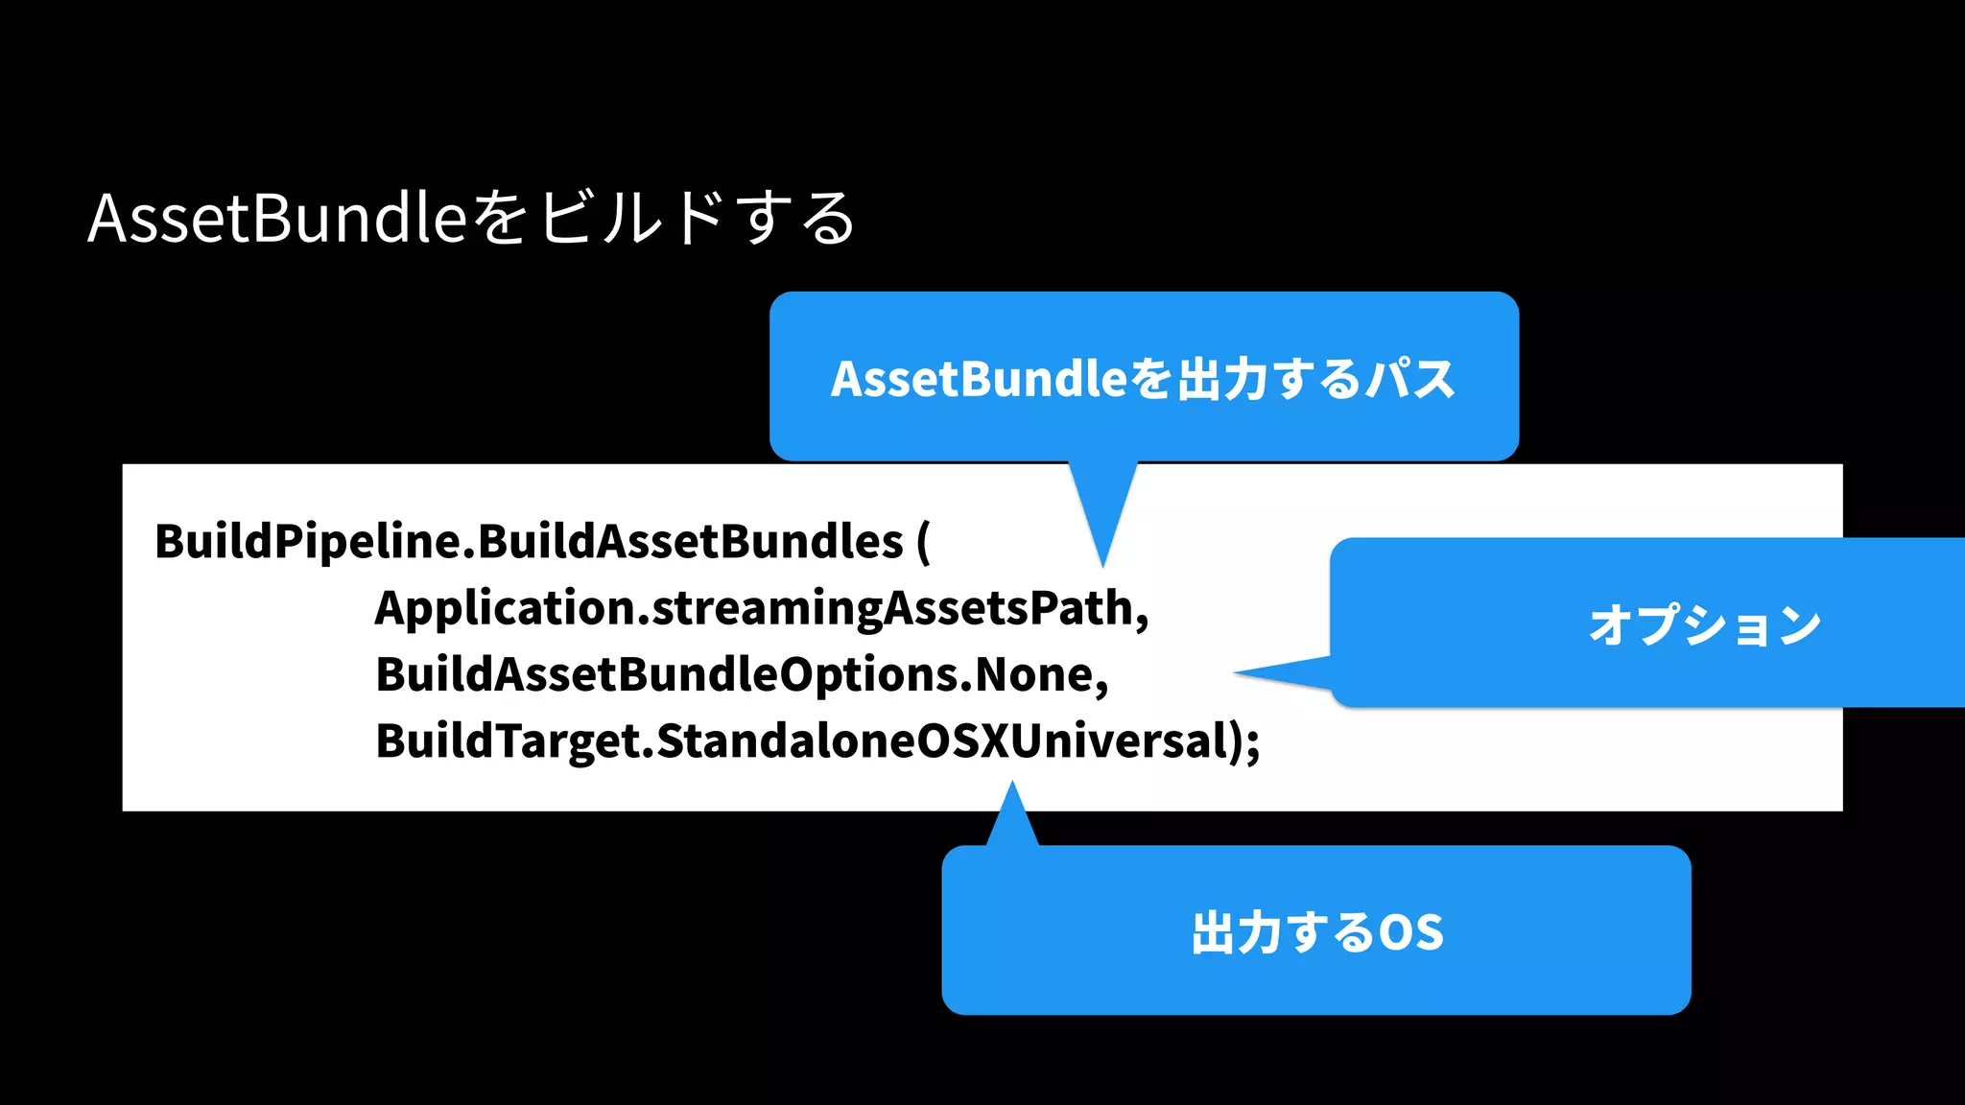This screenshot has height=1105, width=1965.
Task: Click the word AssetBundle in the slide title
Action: click(x=276, y=219)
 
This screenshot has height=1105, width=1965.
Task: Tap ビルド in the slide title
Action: click(x=630, y=219)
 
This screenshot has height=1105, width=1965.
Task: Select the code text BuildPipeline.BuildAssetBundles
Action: click(x=529, y=542)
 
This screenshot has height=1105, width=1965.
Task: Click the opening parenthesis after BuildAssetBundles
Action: click(x=923, y=542)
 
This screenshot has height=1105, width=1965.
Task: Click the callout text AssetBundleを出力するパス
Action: click(x=1143, y=379)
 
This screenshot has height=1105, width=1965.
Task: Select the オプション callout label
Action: click(x=1704, y=625)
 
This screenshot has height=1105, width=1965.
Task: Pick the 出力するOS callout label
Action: click(x=1316, y=932)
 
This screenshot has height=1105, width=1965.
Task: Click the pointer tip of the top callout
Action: click(x=1103, y=563)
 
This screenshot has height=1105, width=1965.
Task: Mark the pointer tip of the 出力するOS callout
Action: click(x=1012, y=785)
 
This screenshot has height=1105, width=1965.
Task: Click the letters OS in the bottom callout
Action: click(x=1410, y=932)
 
